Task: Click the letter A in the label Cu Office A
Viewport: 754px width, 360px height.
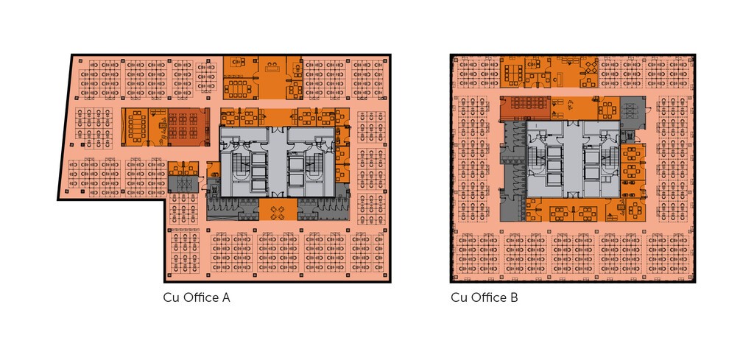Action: [x=225, y=297]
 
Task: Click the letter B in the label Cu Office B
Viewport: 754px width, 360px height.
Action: [x=514, y=297]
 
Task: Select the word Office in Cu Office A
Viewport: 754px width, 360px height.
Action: [x=200, y=297]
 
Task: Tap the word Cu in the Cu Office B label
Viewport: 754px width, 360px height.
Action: [x=459, y=297]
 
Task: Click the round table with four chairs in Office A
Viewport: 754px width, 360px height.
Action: [x=278, y=212]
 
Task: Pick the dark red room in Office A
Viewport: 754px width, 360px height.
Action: [x=186, y=127]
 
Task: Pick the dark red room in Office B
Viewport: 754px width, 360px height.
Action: [x=524, y=108]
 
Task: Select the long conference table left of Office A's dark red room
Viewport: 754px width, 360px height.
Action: [x=138, y=126]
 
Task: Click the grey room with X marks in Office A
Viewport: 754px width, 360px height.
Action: [x=183, y=183]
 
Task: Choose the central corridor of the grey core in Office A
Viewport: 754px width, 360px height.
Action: [x=277, y=161]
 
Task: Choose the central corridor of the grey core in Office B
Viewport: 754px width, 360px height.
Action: [x=573, y=158]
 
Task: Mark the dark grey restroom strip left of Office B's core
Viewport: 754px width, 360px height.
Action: [x=513, y=171]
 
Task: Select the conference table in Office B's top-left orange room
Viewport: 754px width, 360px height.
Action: [x=513, y=73]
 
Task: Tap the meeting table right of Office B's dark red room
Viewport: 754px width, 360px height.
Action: [x=607, y=111]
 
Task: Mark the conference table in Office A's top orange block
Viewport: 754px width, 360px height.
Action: [x=238, y=88]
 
